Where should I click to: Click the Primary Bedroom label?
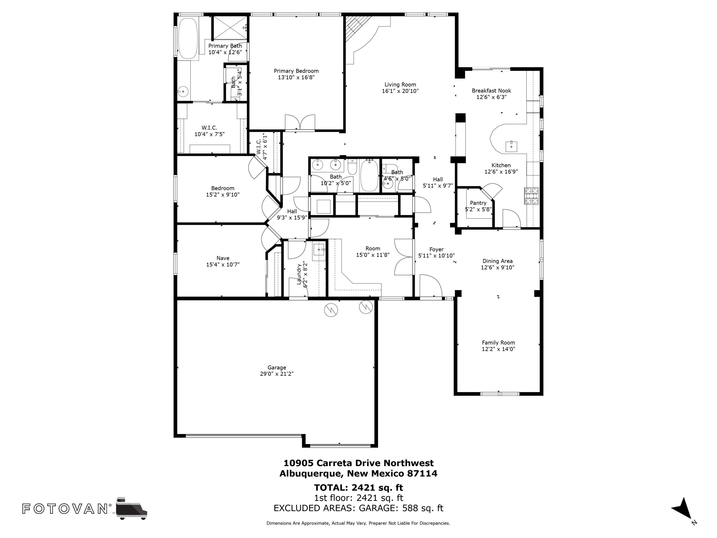(296, 71)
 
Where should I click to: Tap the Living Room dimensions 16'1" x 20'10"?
(400, 91)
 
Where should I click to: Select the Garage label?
(277, 368)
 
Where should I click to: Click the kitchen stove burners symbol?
(532, 196)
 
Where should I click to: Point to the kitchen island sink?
(511, 147)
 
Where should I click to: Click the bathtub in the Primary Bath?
(187, 38)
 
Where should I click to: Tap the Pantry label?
(478, 203)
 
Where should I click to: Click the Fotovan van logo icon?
(131, 508)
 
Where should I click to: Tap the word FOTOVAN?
(65, 509)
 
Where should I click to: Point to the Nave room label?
(223, 258)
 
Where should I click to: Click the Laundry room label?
(299, 274)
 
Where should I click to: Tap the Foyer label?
(436, 249)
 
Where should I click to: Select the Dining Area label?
(498, 261)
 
